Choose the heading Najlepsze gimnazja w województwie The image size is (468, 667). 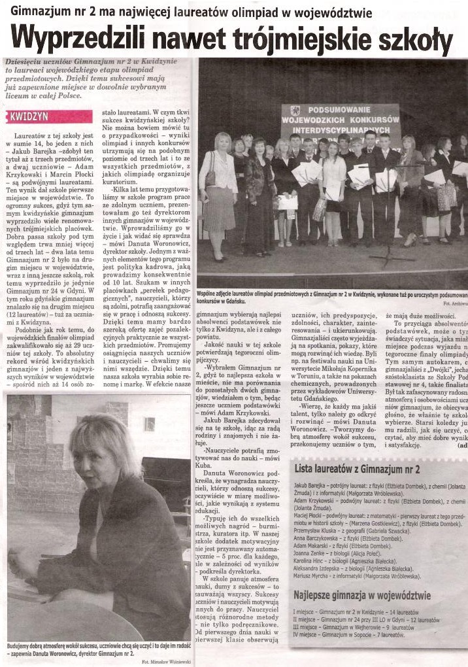tap(361, 596)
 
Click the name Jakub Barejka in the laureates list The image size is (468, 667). tap(314, 487)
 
